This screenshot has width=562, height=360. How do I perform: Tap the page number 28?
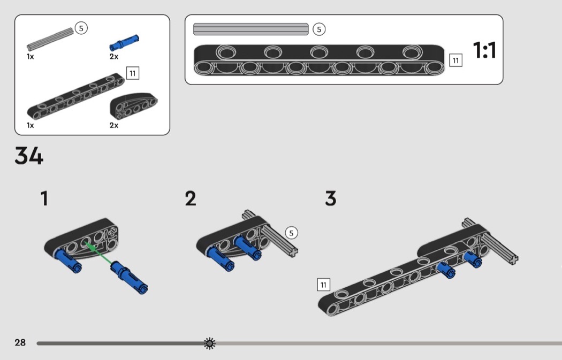click(20, 342)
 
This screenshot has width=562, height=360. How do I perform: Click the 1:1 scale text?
click(484, 51)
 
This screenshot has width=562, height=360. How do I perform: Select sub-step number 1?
click(44, 199)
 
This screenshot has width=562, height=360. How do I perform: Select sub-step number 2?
click(191, 199)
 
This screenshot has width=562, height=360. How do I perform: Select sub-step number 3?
click(331, 199)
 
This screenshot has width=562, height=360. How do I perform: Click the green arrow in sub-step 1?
click(99, 253)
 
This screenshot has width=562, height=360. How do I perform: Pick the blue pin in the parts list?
click(124, 41)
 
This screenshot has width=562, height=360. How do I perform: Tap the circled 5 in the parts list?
click(81, 28)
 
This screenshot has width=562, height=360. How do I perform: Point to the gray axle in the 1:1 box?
click(250, 29)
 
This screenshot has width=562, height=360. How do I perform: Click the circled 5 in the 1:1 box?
click(319, 29)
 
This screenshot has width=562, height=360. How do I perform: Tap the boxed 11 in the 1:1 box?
click(455, 60)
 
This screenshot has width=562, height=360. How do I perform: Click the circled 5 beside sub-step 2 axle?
click(291, 233)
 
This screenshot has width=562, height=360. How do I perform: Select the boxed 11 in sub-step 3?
click(323, 285)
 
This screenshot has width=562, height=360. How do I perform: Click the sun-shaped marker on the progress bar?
click(210, 343)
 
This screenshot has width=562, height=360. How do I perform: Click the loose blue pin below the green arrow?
click(128, 278)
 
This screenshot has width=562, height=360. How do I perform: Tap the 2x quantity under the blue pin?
click(114, 56)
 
